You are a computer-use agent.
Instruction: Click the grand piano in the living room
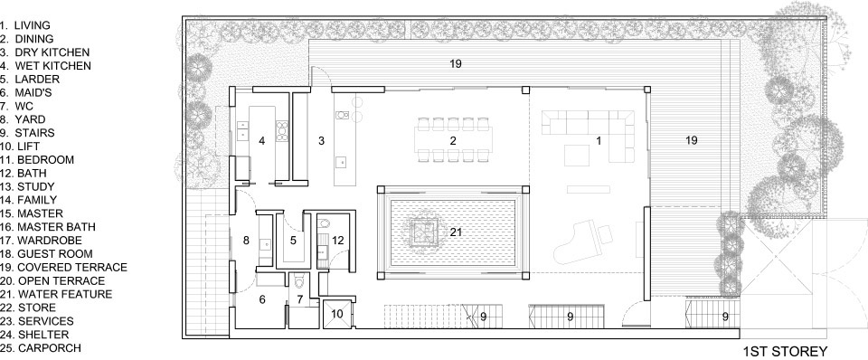tap(581, 240)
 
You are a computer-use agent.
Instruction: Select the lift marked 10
tap(337, 314)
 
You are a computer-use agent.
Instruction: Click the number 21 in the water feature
tap(456, 232)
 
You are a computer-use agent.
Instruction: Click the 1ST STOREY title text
tap(785, 351)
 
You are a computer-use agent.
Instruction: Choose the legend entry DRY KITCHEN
tap(45, 52)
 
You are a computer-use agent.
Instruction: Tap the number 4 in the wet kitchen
tap(262, 141)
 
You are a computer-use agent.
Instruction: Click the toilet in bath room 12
tap(325, 224)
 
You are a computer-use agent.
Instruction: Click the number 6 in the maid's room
tap(262, 299)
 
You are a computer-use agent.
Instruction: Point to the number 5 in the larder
tap(293, 241)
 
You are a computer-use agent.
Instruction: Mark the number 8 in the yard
tap(246, 241)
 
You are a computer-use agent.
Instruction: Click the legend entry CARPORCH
tap(41, 348)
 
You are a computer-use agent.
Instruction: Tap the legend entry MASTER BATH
tap(48, 227)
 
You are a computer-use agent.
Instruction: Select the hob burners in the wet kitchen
tap(282, 132)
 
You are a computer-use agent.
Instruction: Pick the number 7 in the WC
tap(300, 299)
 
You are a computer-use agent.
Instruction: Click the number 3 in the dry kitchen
tap(321, 141)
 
